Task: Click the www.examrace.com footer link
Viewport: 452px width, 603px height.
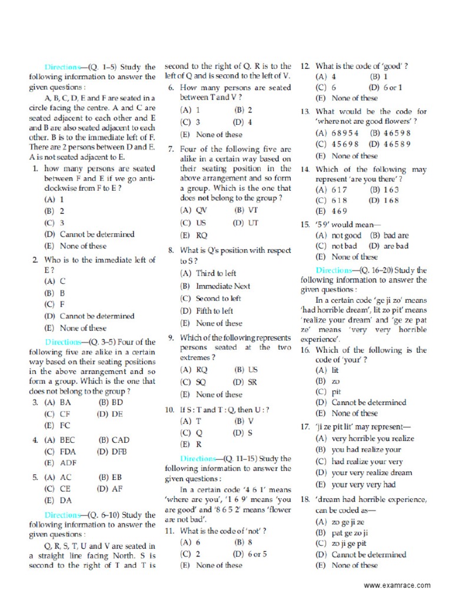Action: click(397, 585)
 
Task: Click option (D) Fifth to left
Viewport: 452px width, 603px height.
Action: click(207, 310)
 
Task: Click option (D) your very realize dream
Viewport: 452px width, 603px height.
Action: click(363, 472)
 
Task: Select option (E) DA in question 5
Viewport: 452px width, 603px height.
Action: click(57, 500)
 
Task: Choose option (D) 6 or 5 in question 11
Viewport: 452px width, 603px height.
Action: click(250, 554)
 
